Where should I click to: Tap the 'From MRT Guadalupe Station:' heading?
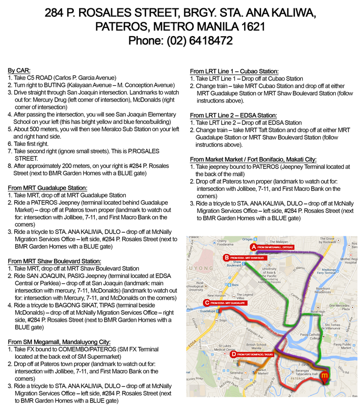[x=47, y=188]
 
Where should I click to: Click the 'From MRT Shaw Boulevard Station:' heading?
[x=54, y=260]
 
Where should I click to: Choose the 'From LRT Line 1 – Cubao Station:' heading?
[x=234, y=71]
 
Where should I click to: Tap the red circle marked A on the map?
[x=253, y=246]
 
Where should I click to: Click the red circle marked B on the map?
[x=226, y=257]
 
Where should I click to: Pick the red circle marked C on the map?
[x=207, y=302]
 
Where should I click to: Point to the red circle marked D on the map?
[x=233, y=354]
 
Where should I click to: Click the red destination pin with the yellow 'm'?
[x=325, y=376]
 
